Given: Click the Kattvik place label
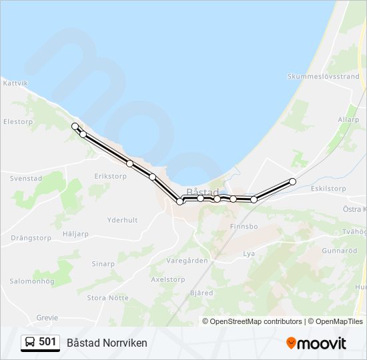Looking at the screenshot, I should point(15,83).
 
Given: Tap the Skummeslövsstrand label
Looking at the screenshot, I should point(323,77).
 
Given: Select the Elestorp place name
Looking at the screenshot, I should point(18,122).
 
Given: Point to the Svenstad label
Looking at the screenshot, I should point(26,179).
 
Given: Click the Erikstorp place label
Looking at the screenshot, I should point(111,176).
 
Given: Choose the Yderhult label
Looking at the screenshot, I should point(122,220).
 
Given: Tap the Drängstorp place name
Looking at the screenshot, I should point(31,237).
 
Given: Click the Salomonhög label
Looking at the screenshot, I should point(31,281).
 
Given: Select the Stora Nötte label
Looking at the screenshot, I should point(108,298).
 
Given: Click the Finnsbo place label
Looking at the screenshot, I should point(244,227).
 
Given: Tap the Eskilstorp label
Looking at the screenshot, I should point(328,189).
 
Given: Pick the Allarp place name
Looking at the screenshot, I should point(348,120).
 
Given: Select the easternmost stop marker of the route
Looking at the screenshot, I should point(292,181).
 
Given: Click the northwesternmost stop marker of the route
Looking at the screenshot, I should point(75,126).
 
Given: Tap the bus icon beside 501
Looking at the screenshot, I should point(29,343).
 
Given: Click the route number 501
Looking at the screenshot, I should point(47,342).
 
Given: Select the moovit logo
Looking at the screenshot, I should point(316,343).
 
